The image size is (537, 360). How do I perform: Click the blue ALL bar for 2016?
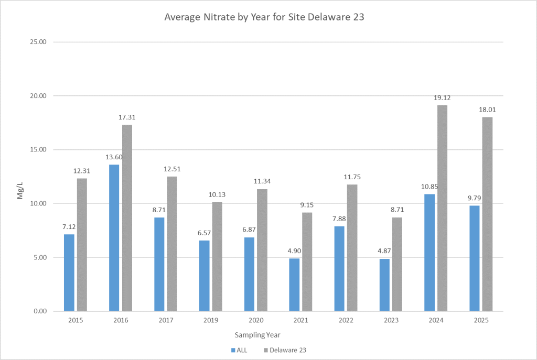[114, 238]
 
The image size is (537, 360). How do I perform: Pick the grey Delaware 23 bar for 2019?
[217, 257]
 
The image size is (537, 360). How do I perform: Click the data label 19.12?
[443, 97]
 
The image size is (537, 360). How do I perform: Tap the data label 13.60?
[114, 157]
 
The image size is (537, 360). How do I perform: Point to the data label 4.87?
[384, 250]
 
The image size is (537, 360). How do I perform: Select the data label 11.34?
[262, 181]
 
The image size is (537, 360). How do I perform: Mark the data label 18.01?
[487, 110]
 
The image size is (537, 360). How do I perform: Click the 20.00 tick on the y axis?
[36, 96]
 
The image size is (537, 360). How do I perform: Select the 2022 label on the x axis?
[346, 320]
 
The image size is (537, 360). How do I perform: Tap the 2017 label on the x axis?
[165, 320]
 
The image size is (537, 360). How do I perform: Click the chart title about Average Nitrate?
[264, 17]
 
